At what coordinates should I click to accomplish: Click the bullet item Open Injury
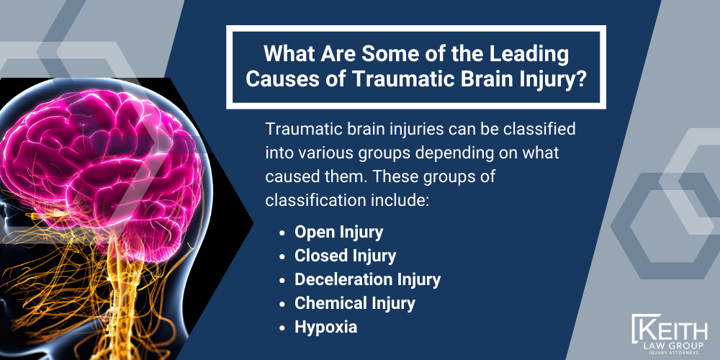coord(339,232)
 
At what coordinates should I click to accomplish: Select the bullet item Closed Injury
coord(345,256)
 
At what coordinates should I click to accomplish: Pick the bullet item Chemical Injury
coord(354,302)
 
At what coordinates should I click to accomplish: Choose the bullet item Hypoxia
coord(325,326)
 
